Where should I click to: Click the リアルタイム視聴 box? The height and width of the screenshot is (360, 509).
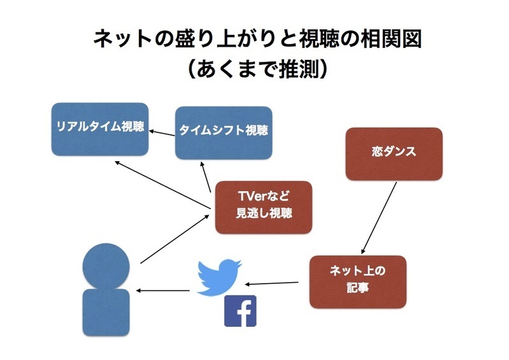click(100, 129)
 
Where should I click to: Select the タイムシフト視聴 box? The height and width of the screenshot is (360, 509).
click(224, 133)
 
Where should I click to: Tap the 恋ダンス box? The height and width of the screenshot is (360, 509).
click(394, 154)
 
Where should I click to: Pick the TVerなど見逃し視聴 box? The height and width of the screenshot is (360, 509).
click(264, 208)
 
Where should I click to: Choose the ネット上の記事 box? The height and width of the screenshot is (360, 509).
click(358, 282)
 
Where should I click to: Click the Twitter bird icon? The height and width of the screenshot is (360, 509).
click(219, 277)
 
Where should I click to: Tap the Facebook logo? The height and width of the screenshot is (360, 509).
click(240, 311)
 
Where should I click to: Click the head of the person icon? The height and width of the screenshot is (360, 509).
click(106, 266)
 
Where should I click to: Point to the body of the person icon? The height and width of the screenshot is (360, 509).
click(106, 312)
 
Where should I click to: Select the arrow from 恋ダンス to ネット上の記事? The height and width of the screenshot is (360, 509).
click(379, 218)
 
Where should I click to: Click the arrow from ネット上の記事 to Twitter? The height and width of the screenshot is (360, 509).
click(271, 284)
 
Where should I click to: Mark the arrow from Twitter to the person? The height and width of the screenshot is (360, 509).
click(162, 291)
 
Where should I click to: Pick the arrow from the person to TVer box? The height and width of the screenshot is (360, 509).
click(175, 239)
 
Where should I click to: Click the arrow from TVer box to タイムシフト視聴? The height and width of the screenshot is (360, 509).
click(206, 177)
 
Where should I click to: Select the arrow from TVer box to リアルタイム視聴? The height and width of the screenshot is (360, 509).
click(162, 184)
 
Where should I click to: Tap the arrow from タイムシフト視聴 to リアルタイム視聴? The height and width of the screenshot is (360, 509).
click(162, 133)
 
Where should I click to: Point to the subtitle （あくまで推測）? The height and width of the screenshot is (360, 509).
click(257, 69)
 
